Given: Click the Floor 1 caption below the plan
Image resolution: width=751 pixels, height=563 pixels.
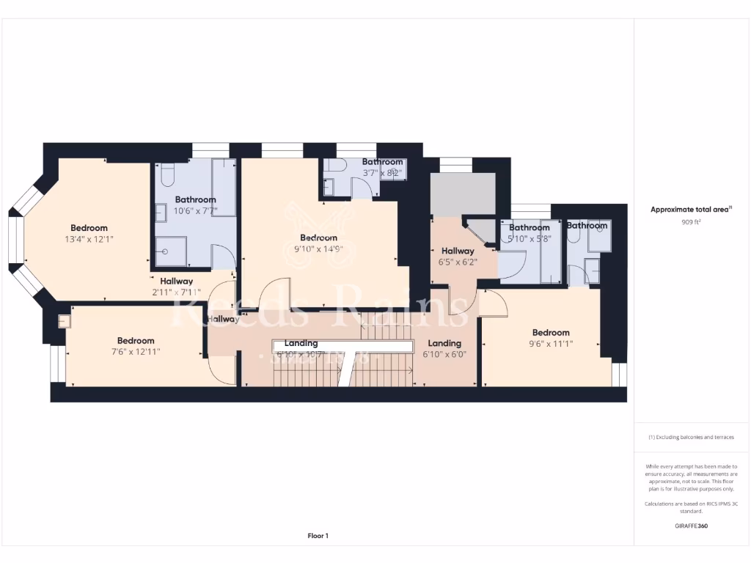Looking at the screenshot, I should tap(318, 536).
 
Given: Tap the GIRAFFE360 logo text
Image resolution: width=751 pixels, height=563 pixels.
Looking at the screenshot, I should tap(692, 526).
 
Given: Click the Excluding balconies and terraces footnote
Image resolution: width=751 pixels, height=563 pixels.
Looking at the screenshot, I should tap(692, 437).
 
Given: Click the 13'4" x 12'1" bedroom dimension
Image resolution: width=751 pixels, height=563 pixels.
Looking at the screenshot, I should tap(89, 239).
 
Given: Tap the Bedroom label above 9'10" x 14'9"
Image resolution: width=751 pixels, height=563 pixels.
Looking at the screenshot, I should tap(319, 238).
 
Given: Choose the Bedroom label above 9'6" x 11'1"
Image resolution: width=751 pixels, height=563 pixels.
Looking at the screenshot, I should tap(551, 332).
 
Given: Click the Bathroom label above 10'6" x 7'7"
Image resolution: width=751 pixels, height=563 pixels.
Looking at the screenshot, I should tap(195, 199).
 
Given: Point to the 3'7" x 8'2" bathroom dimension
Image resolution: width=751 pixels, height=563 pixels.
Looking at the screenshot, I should tap(382, 173).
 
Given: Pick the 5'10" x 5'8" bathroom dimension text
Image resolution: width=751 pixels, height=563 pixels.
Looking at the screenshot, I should tap(530, 238).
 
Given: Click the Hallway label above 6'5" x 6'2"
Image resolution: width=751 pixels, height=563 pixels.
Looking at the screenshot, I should tap(458, 251).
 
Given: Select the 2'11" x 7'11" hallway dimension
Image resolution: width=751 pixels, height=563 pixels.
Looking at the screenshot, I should tap(176, 292).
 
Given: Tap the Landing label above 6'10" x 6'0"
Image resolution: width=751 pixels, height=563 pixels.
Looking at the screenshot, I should tap(444, 343).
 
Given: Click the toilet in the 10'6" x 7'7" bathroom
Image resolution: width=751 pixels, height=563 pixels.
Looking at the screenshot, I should tap(166, 175).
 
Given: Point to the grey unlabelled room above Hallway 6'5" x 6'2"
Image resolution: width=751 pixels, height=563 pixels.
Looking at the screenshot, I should tap(462, 194).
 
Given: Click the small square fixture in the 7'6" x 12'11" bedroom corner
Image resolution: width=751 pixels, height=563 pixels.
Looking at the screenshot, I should tap(64, 320).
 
